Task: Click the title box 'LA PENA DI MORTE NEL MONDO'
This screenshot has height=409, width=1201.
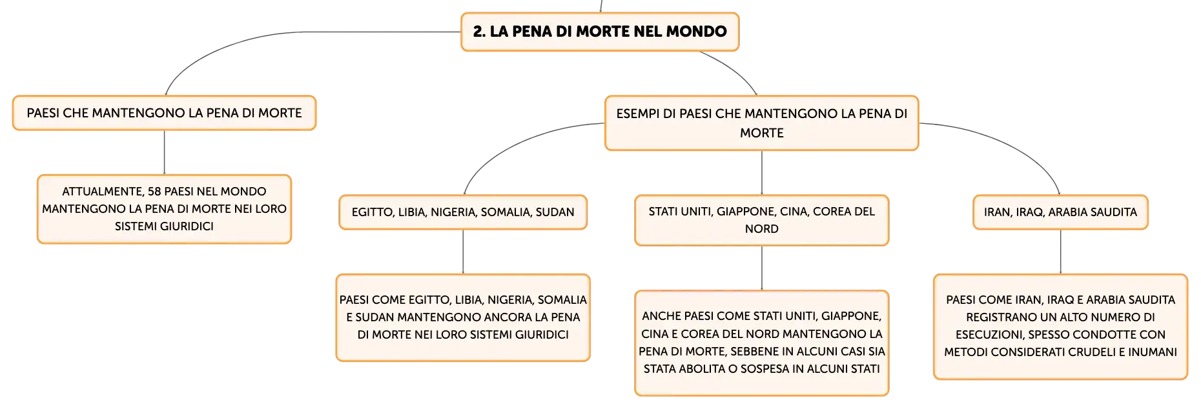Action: (x=600, y=32)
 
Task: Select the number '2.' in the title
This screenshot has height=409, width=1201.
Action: (x=479, y=32)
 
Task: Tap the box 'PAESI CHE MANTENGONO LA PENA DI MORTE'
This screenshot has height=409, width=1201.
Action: (x=164, y=113)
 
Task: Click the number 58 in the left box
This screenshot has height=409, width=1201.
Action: (x=154, y=192)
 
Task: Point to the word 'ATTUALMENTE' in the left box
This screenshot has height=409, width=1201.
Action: (x=101, y=192)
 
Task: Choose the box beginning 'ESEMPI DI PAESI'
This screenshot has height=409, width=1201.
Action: (x=762, y=123)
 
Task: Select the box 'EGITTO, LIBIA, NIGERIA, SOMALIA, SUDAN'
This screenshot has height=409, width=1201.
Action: (x=463, y=212)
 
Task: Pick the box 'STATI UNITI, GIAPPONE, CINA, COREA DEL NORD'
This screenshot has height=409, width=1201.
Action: (x=762, y=220)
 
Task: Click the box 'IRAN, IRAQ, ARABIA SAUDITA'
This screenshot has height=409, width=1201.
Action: (x=1060, y=212)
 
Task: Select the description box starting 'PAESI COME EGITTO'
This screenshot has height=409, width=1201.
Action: (x=463, y=317)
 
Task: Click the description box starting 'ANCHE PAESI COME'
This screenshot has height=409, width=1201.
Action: (x=762, y=343)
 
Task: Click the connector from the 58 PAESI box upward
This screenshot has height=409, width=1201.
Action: (x=164, y=152)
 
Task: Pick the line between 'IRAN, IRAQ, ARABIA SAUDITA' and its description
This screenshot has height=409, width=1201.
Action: (x=1060, y=252)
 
